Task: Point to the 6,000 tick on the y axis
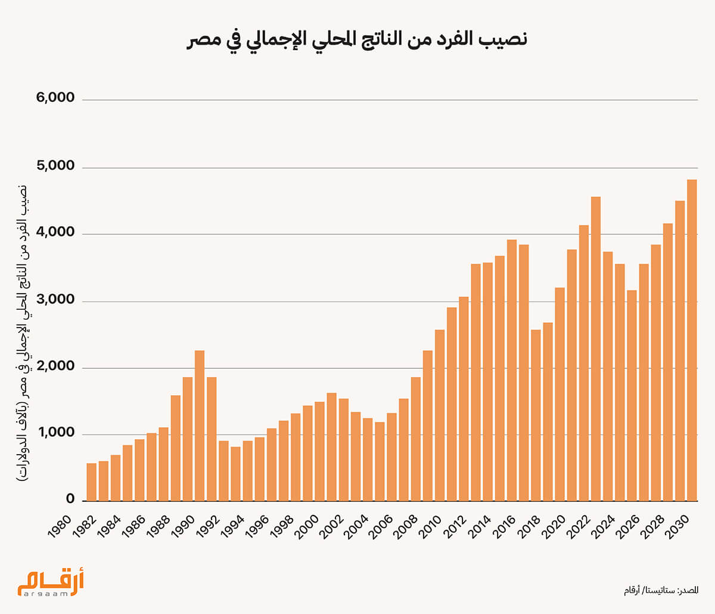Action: (x=55, y=98)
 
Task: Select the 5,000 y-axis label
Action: (x=55, y=166)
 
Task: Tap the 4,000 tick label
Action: (x=55, y=233)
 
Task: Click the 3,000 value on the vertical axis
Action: (x=55, y=300)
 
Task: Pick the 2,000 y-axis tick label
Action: (x=55, y=367)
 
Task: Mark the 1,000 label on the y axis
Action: (x=55, y=434)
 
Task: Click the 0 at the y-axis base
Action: (x=70, y=500)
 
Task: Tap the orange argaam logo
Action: (x=51, y=583)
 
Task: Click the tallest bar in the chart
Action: (x=692, y=340)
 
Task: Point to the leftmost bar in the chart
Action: (x=91, y=482)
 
